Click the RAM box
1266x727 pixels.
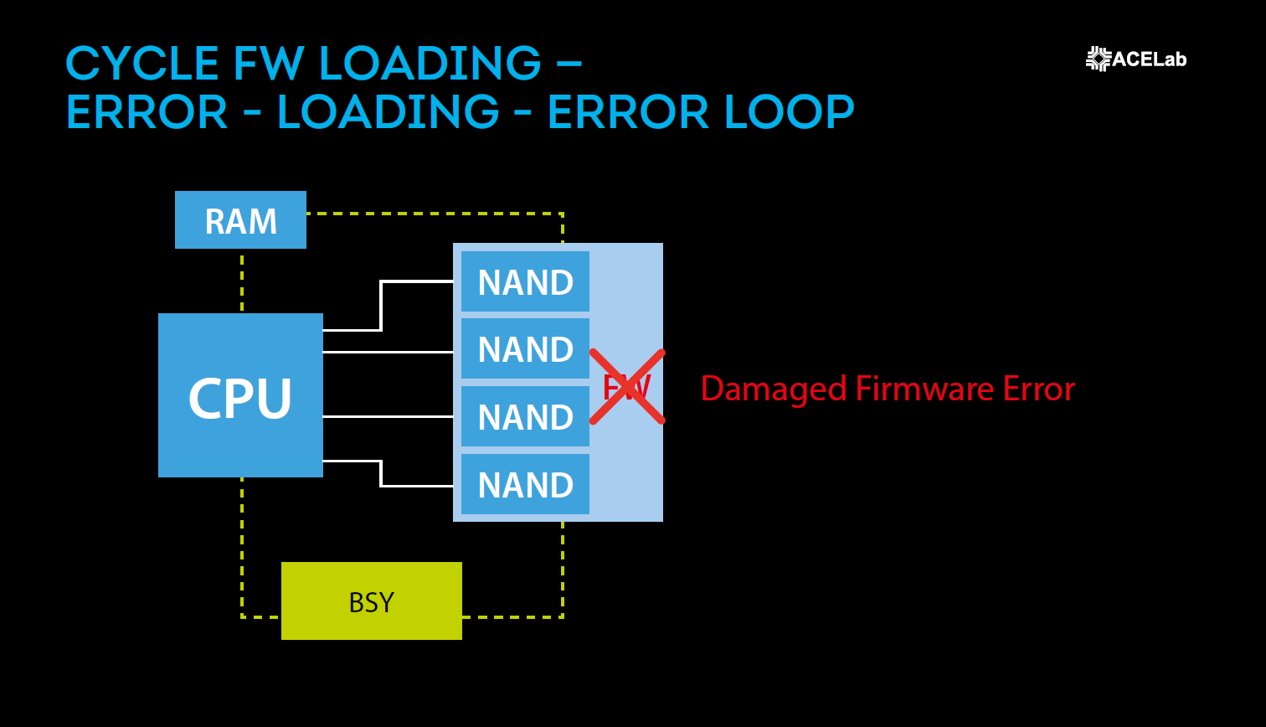coord(240,220)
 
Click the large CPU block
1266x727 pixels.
coord(240,395)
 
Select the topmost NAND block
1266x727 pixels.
coord(525,282)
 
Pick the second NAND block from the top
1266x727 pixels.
coord(525,349)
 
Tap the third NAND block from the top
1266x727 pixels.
coord(525,417)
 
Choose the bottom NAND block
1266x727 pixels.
coord(525,485)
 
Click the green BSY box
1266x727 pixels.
coord(371,601)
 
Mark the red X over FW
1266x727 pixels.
coord(627,387)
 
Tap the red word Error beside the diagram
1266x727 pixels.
coord(1038,389)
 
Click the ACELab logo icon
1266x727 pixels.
coord(1098,59)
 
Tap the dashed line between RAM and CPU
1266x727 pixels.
coord(242,281)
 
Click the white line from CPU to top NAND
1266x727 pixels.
coord(381,306)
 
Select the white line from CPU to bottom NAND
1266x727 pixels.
coord(381,473)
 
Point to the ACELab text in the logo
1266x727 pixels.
coord(1149,59)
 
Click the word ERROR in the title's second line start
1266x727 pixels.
coord(147,112)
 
